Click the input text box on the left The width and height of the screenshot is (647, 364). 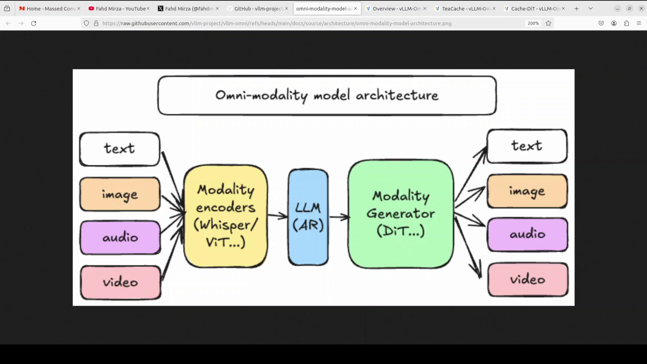[x=120, y=149]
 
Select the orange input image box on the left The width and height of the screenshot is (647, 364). [x=120, y=194]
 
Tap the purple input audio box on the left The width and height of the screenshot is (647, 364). [x=120, y=238]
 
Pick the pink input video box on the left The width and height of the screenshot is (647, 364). [x=121, y=282]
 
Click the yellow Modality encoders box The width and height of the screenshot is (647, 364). [x=226, y=216]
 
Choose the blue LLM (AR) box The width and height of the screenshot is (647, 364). [x=308, y=217]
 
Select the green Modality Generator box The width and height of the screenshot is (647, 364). [x=401, y=214]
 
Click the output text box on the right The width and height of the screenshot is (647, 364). [x=527, y=146]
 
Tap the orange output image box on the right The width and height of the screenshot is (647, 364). [x=527, y=191]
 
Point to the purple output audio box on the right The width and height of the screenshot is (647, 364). [x=528, y=234]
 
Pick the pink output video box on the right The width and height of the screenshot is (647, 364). [x=528, y=280]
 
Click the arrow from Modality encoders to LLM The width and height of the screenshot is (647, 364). [x=278, y=215]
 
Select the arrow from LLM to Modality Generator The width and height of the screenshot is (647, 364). [x=339, y=217]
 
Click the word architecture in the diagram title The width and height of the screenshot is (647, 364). [x=397, y=96]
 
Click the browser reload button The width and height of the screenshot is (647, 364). [x=34, y=23]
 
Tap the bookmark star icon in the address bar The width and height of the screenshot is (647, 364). [x=548, y=23]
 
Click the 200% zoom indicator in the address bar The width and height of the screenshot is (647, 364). [x=533, y=23]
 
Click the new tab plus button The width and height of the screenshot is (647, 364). [x=577, y=8]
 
